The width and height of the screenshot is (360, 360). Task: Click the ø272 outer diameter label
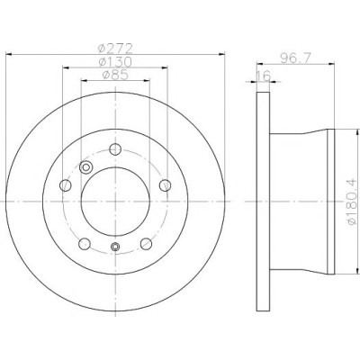pos(115,49)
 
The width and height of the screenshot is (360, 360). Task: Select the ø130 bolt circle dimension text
pos(115,62)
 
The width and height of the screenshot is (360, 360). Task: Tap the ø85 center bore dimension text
pos(115,75)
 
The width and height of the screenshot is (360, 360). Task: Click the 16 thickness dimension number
pos(263,76)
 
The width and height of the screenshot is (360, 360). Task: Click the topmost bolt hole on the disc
pos(115,149)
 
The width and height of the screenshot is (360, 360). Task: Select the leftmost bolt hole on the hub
pos(66,185)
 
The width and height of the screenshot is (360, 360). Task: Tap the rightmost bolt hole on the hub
pos(165,185)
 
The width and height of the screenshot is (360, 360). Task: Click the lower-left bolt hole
pos(85,244)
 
